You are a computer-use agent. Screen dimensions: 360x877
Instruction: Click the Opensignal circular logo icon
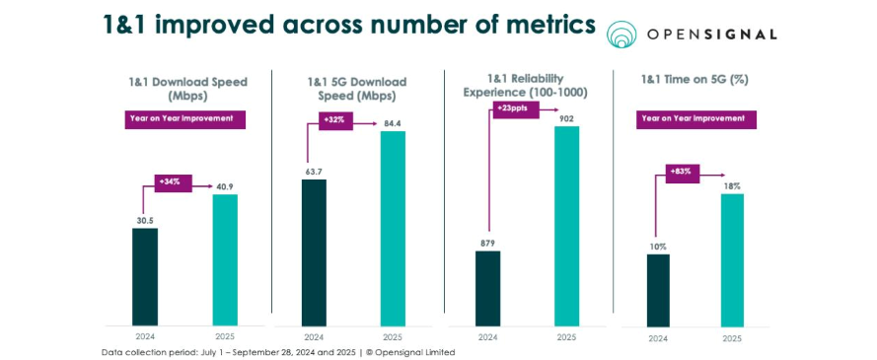click(x=622, y=35)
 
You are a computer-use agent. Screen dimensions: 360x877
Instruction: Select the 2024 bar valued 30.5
click(x=144, y=276)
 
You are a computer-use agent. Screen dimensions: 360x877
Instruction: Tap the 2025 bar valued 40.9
click(x=225, y=259)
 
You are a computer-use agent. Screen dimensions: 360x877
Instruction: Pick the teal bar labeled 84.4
click(x=393, y=228)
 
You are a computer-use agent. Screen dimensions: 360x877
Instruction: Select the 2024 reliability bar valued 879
click(x=487, y=287)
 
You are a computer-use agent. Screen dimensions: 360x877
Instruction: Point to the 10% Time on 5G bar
click(x=658, y=290)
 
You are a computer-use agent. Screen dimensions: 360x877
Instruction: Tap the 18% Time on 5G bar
click(x=732, y=260)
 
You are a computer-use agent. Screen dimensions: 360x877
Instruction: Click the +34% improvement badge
click(x=173, y=182)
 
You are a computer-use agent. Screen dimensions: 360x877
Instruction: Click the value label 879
click(x=487, y=243)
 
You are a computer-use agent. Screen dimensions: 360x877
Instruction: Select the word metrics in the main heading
click(x=538, y=25)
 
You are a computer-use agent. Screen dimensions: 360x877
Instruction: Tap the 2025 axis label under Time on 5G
click(x=732, y=337)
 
